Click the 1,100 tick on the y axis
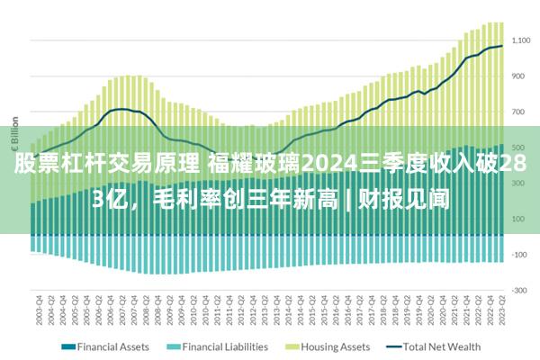(522, 41)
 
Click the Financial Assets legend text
(112, 346)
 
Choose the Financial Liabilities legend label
(225, 346)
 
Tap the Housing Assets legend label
(335, 346)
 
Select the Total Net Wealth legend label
(442, 346)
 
